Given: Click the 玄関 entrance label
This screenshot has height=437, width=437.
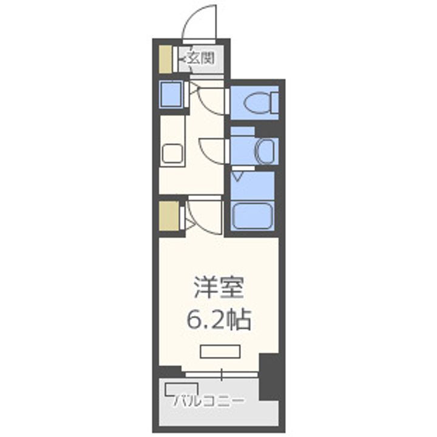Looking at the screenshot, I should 198,59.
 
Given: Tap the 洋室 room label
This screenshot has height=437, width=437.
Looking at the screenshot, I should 218,288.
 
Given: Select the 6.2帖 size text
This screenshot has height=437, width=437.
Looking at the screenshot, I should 218,320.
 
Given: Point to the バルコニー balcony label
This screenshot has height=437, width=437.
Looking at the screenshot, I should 209,401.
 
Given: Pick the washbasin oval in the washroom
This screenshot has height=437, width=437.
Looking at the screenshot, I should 265,152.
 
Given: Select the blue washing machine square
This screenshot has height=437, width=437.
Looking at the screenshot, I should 171,94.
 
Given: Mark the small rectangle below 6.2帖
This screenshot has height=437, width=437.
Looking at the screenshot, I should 220,351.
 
